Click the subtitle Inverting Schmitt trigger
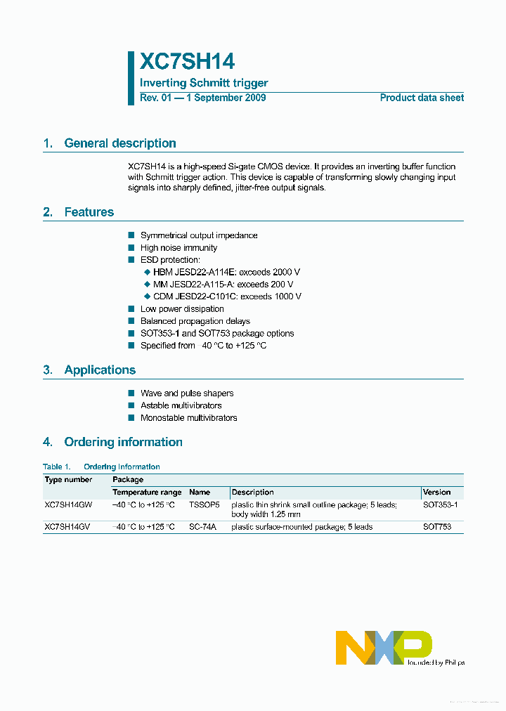[x=204, y=83]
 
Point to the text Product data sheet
[x=422, y=98]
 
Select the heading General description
[x=119, y=143]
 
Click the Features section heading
[x=89, y=212]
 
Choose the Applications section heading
[x=100, y=370]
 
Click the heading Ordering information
[x=123, y=442]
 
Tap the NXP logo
[x=384, y=647]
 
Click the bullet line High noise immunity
[x=179, y=248]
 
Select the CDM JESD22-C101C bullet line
[x=227, y=296]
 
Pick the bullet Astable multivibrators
[x=181, y=405]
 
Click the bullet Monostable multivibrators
[x=188, y=418]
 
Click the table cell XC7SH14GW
[x=68, y=504]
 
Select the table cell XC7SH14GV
[x=67, y=527]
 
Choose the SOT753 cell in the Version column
[x=437, y=527]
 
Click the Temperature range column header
[x=147, y=493]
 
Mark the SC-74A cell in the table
[x=203, y=527]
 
